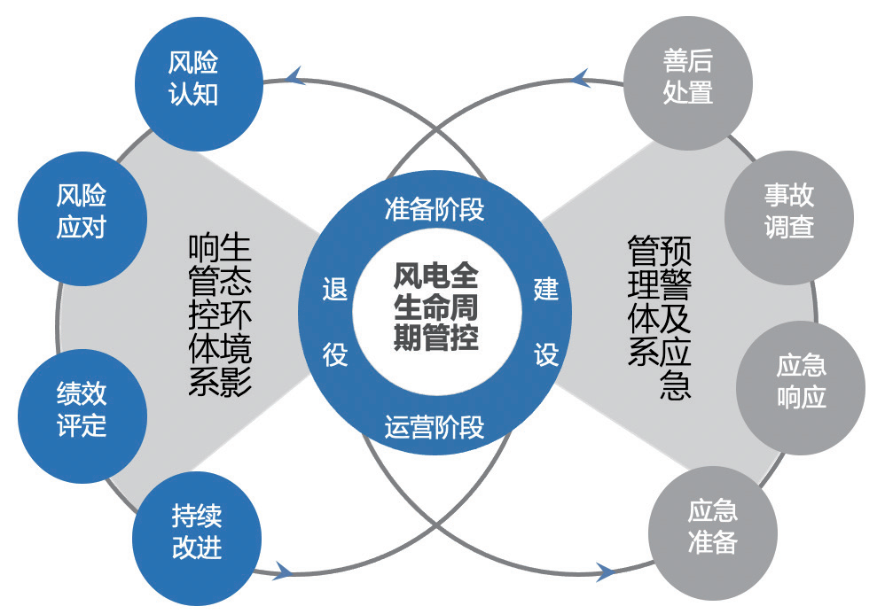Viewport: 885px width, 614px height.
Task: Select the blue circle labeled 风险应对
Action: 82,210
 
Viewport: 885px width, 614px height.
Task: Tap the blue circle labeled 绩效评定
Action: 82,408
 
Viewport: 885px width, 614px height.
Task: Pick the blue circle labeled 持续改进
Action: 197,532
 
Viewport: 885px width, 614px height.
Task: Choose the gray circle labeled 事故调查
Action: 788,210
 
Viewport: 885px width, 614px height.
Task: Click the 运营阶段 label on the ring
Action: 435,427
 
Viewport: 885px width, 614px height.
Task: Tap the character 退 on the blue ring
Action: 334,289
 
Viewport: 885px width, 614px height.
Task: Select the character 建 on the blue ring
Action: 545,289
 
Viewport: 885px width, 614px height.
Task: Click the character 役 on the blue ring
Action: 334,354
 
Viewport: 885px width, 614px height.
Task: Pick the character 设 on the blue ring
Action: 545,354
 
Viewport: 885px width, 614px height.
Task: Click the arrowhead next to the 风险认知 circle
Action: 296,77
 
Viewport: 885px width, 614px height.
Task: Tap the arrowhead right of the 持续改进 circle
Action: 283,571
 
